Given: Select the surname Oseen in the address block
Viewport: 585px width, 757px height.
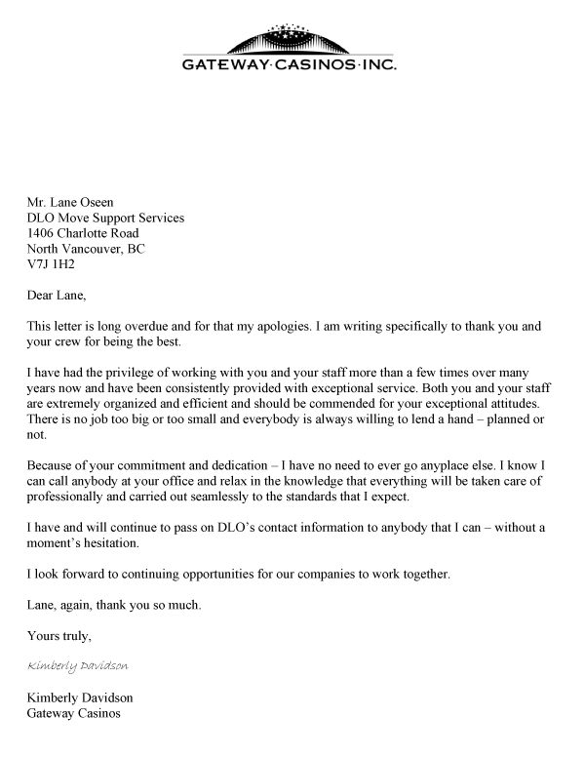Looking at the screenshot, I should (x=107, y=202).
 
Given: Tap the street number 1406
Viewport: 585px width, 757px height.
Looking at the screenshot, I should (x=43, y=233).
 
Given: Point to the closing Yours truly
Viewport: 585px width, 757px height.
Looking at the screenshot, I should (x=60, y=637).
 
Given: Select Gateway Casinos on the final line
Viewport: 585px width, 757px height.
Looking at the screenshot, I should (x=74, y=713).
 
